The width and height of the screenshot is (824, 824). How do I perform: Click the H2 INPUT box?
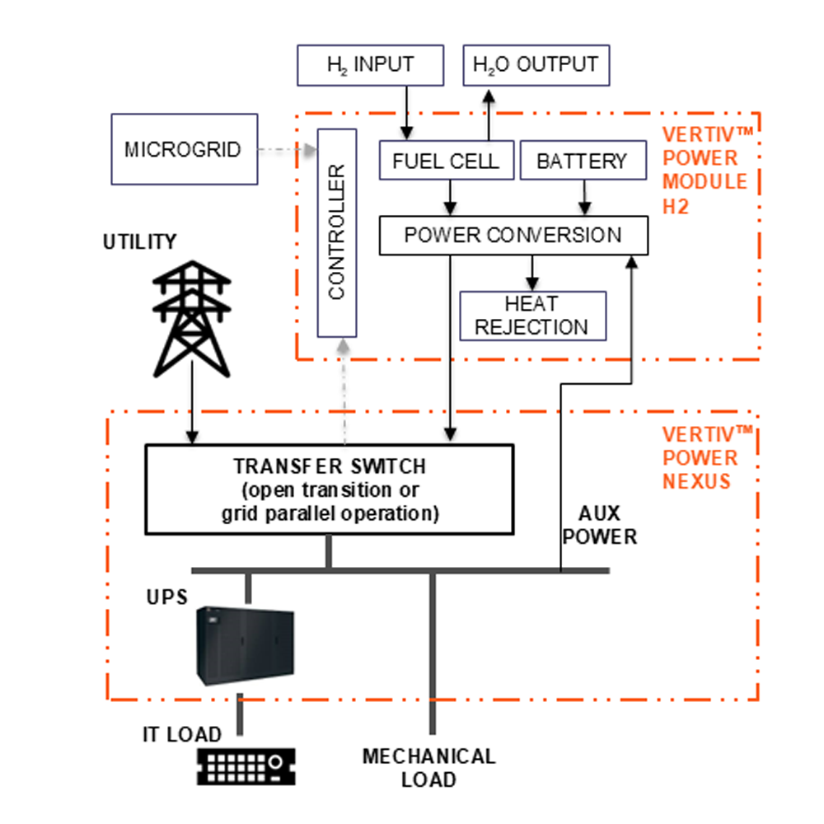click(369, 64)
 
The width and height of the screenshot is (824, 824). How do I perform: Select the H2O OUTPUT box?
click(536, 64)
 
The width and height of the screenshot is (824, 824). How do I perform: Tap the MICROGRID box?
click(182, 149)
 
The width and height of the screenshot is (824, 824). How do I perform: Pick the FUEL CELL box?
click(446, 160)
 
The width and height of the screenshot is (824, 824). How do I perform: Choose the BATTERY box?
click(582, 160)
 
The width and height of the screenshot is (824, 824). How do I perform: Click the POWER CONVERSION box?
click(513, 235)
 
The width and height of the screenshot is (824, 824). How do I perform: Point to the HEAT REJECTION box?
click(531, 315)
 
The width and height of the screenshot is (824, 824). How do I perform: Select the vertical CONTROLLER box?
click(337, 232)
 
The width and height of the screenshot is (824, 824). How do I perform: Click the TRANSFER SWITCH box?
click(329, 489)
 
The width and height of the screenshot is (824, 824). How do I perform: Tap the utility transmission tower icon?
click(192, 317)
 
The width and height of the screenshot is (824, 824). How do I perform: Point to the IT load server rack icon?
click(246, 766)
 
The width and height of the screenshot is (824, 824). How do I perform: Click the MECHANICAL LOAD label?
click(428, 767)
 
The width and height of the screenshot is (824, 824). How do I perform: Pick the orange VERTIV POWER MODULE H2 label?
click(705, 169)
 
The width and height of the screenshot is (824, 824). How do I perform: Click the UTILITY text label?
click(139, 242)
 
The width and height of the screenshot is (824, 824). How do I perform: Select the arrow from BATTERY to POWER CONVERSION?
click(585, 198)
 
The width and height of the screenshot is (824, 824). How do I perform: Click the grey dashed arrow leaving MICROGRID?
click(288, 150)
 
